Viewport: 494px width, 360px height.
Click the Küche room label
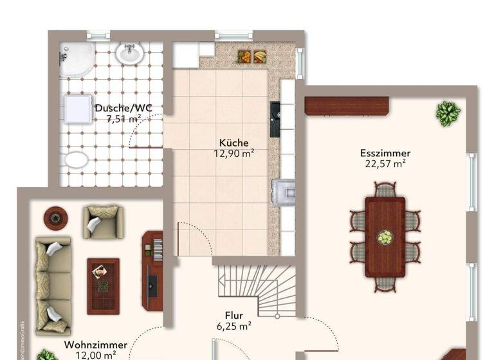click(233, 143)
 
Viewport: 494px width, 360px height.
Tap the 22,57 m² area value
click(385, 163)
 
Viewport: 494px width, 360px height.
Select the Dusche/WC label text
click(123, 108)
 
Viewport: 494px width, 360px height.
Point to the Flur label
click(233, 316)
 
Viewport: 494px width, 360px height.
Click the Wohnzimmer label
click(95, 345)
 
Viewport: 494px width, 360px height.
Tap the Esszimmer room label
click(385, 153)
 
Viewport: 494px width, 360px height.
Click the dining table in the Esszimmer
click(385, 237)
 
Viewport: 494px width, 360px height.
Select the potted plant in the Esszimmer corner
click(448, 113)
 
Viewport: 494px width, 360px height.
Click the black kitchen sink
click(275, 119)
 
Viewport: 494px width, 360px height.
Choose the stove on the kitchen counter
click(283, 192)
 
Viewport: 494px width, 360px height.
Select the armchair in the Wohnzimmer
click(102, 221)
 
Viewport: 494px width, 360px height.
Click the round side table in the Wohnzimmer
click(55, 217)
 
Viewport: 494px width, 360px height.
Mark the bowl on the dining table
click(385, 238)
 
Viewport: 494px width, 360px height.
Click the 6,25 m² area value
click(233, 327)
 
